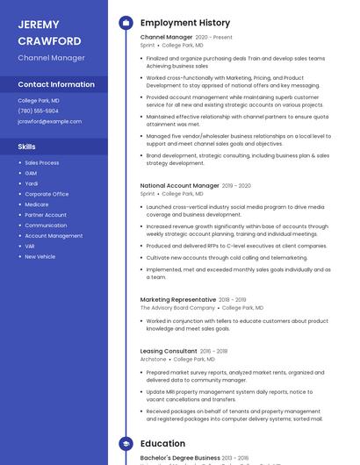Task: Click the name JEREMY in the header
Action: pyautogui.click(x=39, y=25)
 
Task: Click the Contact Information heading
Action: pyautogui.click(x=56, y=84)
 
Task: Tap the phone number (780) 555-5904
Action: pyautogui.click(x=38, y=111)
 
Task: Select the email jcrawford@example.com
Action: pyautogui.click(x=49, y=122)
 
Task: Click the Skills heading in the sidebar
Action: pyautogui.click(x=27, y=147)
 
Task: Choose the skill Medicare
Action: pyautogui.click(x=37, y=204)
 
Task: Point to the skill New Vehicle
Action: pyautogui.click(x=40, y=256)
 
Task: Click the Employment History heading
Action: pyautogui.click(x=184, y=23)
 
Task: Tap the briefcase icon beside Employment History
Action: pyautogui.click(x=126, y=23)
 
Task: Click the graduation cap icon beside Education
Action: pyautogui.click(x=126, y=444)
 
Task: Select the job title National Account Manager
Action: pyautogui.click(x=179, y=186)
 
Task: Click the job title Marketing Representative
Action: pyautogui.click(x=178, y=300)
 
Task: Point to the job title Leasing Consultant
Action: pyautogui.click(x=169, y=351)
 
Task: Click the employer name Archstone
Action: pyautogui.click(x=153, y=359)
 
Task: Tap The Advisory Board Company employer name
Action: pyautogui.click(x=177, y=308)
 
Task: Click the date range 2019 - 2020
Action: pyautogui.click(x=236, y=186)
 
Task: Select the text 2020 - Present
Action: pyautogui.click(x=214, y=38)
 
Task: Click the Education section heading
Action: pyautogui.click(x=162, y=444)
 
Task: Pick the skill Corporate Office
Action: pyautogui.click(x=47, y=194)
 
